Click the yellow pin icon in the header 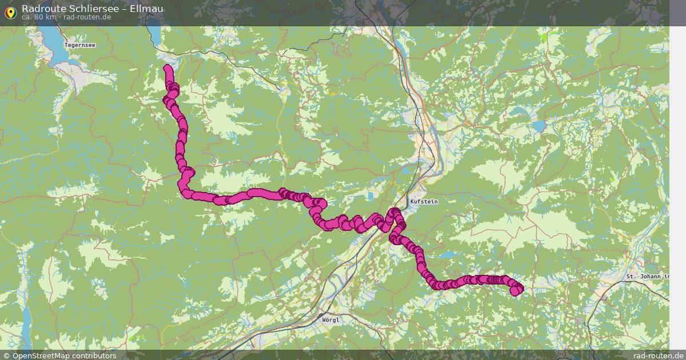click(10, 12)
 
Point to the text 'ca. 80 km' click(39, 17)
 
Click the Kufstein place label click(424, 202)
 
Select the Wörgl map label click(330, 320)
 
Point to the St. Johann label click(647, 277)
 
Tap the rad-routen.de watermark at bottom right click(657, 355)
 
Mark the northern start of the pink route click(167, 69)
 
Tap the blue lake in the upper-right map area click(540, 125)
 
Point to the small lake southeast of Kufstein click(449, 255)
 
